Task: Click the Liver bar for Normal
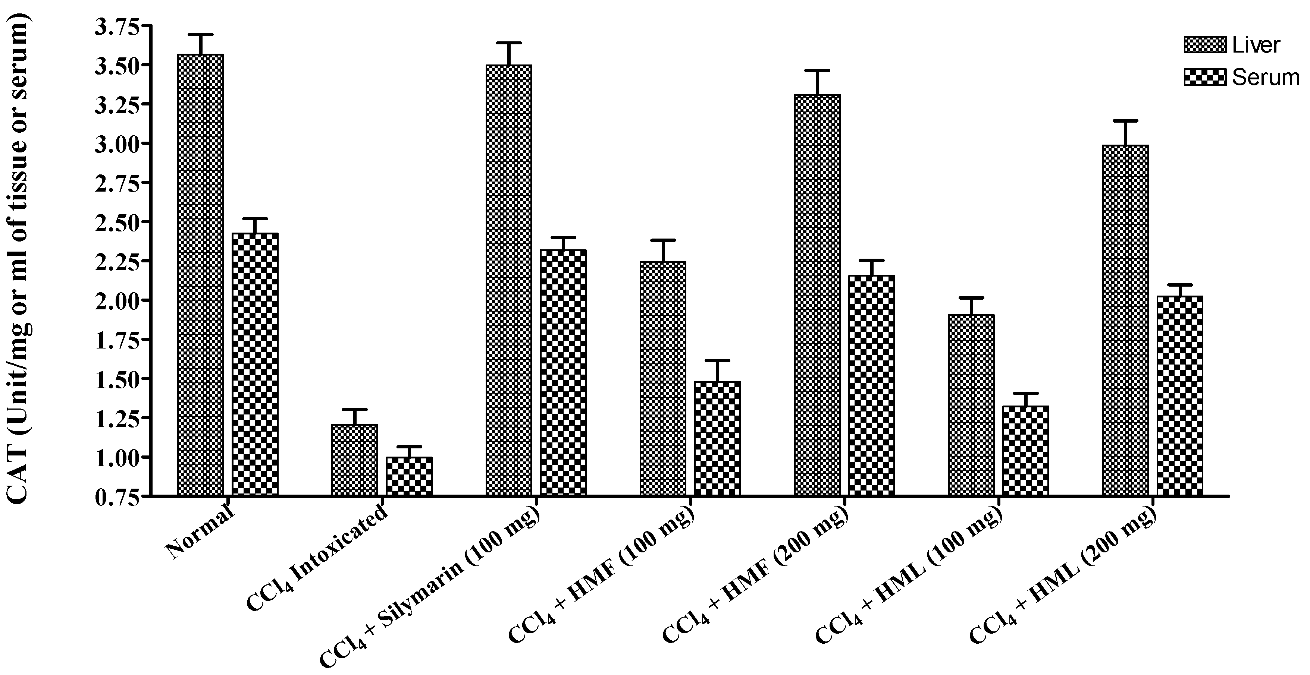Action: (201, 274)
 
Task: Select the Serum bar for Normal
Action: (255, 364)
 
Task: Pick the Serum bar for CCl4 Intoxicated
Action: (409, 476)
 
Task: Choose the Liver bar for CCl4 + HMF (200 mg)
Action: (817, 295)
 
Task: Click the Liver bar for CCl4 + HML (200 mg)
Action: (1125, 320)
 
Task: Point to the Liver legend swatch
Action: (1204, 45)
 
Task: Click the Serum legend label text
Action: (1265, 77)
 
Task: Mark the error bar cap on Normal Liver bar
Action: (201, 35)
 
